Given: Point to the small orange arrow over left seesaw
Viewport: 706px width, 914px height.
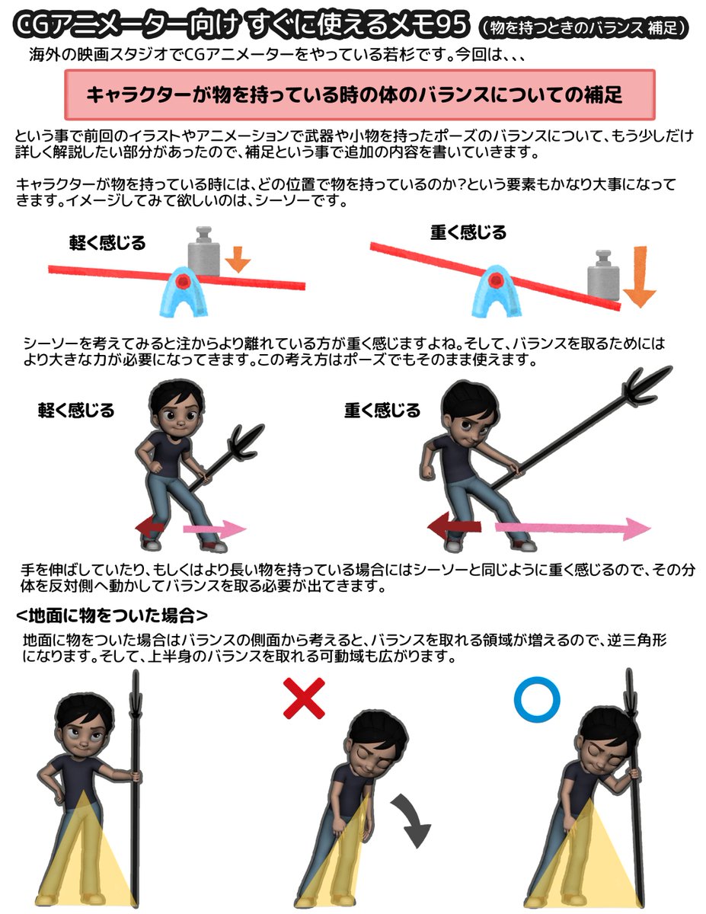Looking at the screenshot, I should (238, 259).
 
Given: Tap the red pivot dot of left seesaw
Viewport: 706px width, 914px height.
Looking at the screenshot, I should (182, 282).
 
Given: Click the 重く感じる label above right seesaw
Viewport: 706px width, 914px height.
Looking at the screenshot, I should (468, 232).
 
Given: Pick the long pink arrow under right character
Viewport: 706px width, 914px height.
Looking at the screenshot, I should (571, 527).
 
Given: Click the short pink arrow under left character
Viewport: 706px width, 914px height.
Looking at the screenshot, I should (214, 529).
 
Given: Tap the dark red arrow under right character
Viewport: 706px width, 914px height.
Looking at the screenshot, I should (454, 526).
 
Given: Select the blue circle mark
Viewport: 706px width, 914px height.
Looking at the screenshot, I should (537, 699).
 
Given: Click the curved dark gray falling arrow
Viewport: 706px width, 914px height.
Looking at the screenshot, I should (411, 819).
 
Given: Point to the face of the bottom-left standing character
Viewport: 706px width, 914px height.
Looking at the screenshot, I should (82, 733).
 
